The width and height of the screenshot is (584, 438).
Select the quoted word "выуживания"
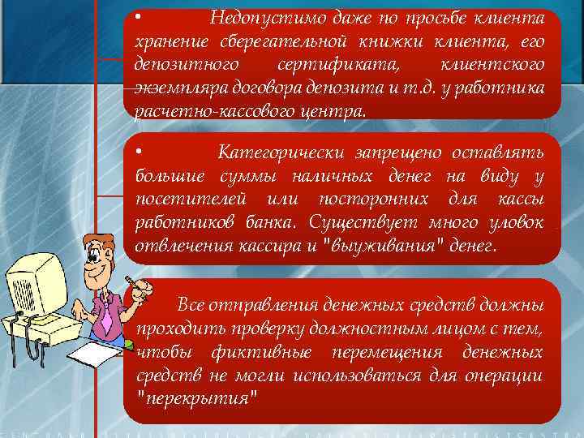384,245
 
